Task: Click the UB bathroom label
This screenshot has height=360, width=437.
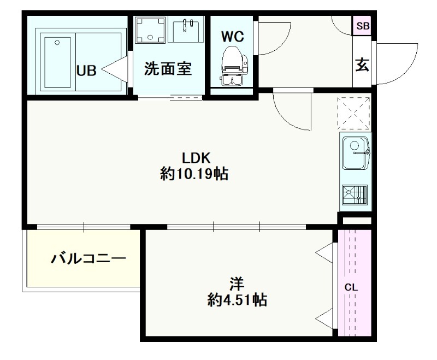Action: click(86, 70)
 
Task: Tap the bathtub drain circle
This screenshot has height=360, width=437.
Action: click(57, 43)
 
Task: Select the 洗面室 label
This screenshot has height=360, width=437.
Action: click(168, 68)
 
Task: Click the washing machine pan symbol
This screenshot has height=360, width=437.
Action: click(150, 30)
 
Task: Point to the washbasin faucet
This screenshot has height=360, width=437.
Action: click(186, 25)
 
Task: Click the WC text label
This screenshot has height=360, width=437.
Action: click(233, 37)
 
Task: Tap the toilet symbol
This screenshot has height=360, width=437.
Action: click(233, 66)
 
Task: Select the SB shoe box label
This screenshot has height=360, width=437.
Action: click(363, 26)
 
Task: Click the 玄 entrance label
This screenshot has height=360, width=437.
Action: click(362, 64)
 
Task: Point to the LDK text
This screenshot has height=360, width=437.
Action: click(196, 158)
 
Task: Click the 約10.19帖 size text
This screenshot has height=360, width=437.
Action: click(194, 174)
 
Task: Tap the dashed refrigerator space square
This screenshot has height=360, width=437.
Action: click(354, 113)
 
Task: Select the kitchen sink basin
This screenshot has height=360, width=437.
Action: click(356, 154)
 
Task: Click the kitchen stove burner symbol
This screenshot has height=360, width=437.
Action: click(355, 194)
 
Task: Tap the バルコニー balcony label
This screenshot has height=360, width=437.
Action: click(88, 259)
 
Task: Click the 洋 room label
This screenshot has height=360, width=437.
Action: click(237, 284)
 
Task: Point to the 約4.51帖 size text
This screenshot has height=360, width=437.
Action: click(237, 300)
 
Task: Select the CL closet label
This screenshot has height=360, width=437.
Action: click(351, 287)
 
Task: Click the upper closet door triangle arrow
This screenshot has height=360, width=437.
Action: click(324, 252)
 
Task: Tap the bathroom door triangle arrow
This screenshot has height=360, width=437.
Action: click(115, 69)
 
